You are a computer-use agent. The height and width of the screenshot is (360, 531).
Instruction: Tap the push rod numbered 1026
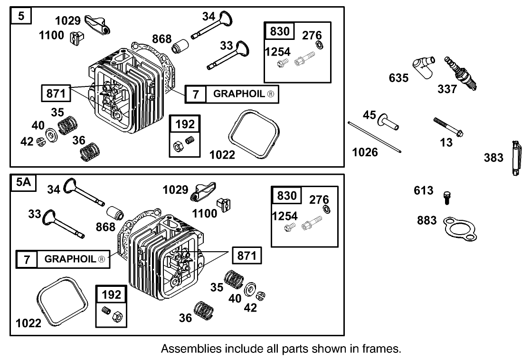pyautogui.click(x=375, y=138)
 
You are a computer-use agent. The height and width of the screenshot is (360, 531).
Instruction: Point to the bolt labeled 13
pyautogui.click(x=448, y=127)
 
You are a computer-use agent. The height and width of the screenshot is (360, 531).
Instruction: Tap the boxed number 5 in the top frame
pyautogui.click(x=21, y=17)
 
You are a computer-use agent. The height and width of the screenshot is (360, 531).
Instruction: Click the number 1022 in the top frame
pyautogui.click(x=222, y=154)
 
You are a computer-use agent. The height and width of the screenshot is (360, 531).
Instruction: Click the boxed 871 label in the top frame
pyautogui.click(x=56, y=93)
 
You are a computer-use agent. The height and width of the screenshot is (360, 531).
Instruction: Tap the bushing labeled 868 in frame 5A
pyautogui.click(x=115, y=212)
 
